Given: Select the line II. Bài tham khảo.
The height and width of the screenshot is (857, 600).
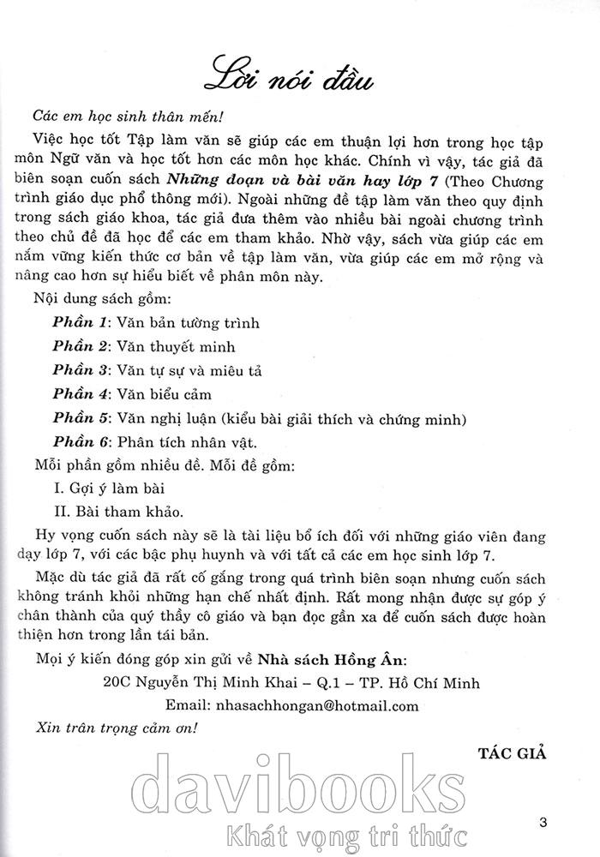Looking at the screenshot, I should click(x=113, y=513).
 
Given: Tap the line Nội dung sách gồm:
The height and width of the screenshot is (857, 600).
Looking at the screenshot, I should click(x=103, y=299).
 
